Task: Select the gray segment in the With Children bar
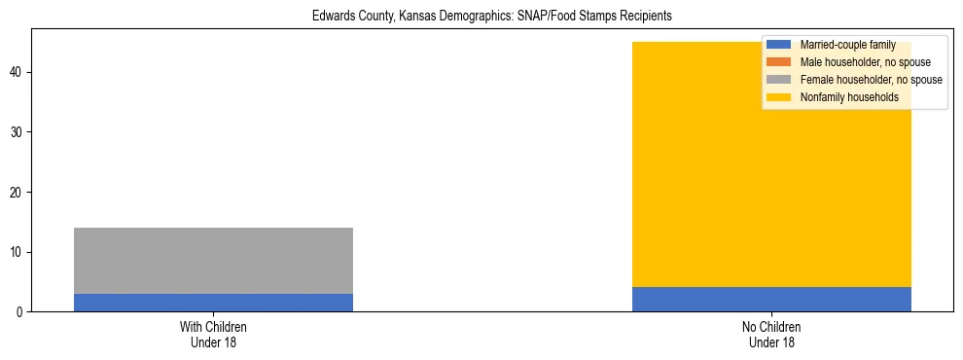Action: pos(213,261)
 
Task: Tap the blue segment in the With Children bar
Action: pos(213,303)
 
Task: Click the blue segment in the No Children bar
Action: pos(771,299)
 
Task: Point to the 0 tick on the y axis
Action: pos(23,312)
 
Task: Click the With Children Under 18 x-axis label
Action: pos(213,335)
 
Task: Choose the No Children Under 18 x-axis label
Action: pos(771,335)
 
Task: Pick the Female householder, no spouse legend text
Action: pos(871,80)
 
